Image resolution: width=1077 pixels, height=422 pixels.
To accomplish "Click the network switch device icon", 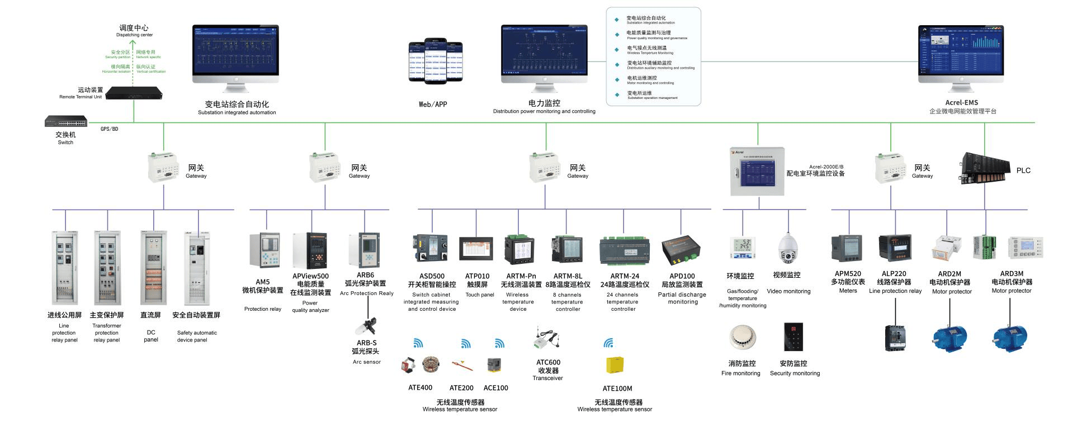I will (66, 121).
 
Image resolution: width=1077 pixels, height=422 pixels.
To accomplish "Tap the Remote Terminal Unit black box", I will (134, 93).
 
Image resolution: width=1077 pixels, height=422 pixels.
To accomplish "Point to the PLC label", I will (1023, 170).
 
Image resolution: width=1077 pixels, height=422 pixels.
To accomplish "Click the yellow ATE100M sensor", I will (615, 365).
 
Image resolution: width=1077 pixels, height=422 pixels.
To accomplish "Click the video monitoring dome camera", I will (787, 249).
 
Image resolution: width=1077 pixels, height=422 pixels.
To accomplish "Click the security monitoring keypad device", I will (793, 337).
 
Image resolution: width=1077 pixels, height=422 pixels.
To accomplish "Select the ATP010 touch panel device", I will (476, 249).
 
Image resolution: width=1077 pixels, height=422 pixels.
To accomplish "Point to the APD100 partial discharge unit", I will (681, 250).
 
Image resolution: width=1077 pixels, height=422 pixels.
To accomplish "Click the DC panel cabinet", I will (152, 268).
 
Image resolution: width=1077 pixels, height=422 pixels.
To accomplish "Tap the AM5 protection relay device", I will (264, 250).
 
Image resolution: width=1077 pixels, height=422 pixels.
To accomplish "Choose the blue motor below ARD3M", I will (1010, 337).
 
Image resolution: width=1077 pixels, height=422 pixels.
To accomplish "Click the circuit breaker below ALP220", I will (895, 338).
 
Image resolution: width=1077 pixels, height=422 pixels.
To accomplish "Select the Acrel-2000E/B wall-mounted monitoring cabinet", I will (757, 172).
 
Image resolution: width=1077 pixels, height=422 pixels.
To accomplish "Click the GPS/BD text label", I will (110, 129).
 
